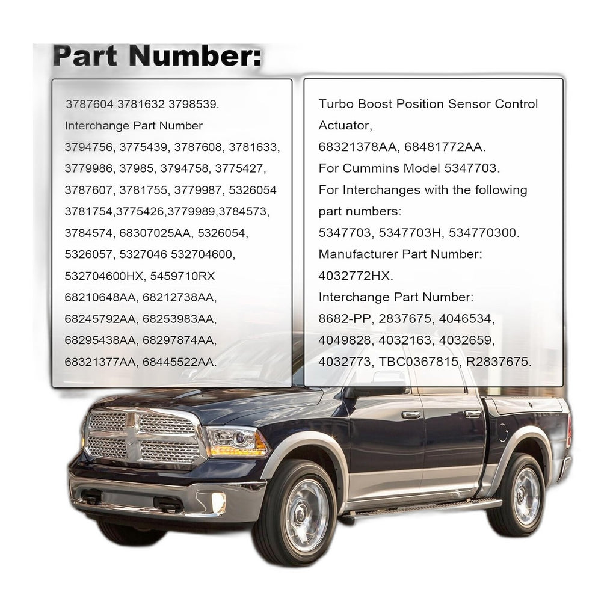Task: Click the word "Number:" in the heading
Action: coord(195,56)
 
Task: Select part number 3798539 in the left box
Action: coord(194,105)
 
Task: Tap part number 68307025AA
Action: coord(155,233)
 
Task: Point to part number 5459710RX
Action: coord(183,276)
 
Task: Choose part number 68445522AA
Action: coord(179,362)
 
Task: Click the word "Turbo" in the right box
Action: coord(336,104)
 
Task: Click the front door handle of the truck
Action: coord(411,415)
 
